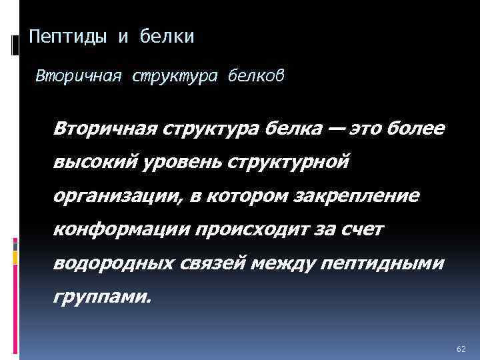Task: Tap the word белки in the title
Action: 167,36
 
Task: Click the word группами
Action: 103,297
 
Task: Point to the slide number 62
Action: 461,349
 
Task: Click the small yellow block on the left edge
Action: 15,243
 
